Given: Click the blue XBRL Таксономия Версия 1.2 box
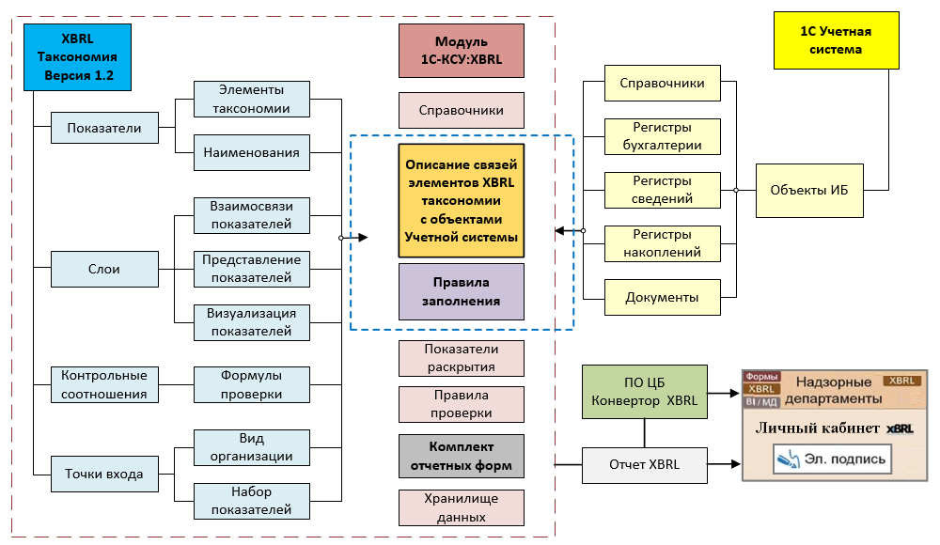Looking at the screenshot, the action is (x=77, y=57).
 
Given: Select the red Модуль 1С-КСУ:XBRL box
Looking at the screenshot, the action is (x=461, y=51).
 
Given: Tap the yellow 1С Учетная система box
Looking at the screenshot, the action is (x=836, y=40).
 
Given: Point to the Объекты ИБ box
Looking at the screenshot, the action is (x=809, y=190).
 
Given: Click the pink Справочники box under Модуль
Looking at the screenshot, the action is (x=461, y=110).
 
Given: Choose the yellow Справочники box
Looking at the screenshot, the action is (x=662, y=83).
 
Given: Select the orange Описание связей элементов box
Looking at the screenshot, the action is (x=461, y=200).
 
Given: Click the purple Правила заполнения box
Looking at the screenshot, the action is (x=461, y=291).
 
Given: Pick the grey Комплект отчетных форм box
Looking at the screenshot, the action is (x=461, y=456).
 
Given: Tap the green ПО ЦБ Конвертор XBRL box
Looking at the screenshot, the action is (x=645, y=392).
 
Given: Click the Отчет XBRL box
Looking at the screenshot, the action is (x=645, y=464).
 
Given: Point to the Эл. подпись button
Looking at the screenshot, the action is (x=832, y=459).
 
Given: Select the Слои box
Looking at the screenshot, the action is (x=104, y=269).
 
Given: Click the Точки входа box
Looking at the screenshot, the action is (x=104, y=474).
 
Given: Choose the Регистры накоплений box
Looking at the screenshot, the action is (x=662, y=243).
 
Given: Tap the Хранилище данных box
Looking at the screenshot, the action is (x=461, y=507).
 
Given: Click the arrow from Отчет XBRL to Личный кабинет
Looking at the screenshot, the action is (x=724, y=464).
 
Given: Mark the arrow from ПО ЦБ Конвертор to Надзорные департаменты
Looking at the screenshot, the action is (x=724, y=394).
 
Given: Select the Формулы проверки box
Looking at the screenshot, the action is (x=251, y=384).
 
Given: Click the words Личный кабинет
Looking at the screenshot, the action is (x=817, y=428).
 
